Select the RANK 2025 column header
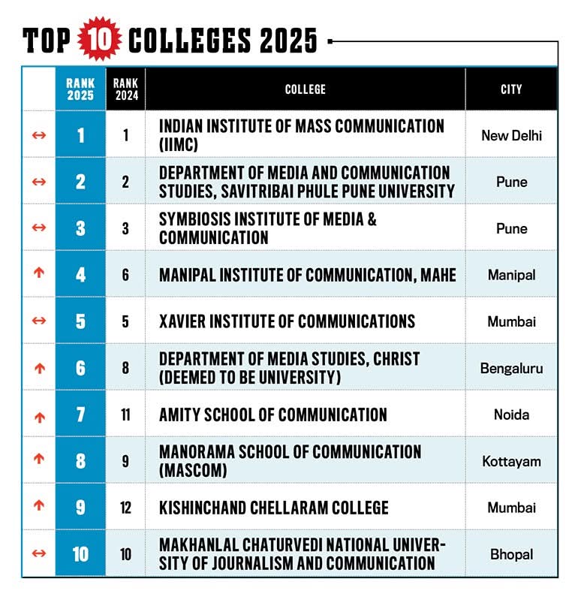(80, 89)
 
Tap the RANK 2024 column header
(125, 89)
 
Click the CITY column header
(511, 89)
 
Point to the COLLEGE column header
(306, 89)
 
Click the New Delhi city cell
(511, 135)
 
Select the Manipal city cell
(511, 275)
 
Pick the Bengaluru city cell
(511, 368)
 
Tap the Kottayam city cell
(511, 461)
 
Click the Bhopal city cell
(511, 554)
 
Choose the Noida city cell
(511, 415)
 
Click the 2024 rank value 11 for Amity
(125, 415)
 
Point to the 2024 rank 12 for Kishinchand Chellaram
(125, 508)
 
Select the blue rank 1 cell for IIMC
(80, 135)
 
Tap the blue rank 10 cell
(80, 554)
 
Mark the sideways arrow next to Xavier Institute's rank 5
(40, 321)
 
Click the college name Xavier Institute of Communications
(287, 321)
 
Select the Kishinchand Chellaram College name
(273, 508)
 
